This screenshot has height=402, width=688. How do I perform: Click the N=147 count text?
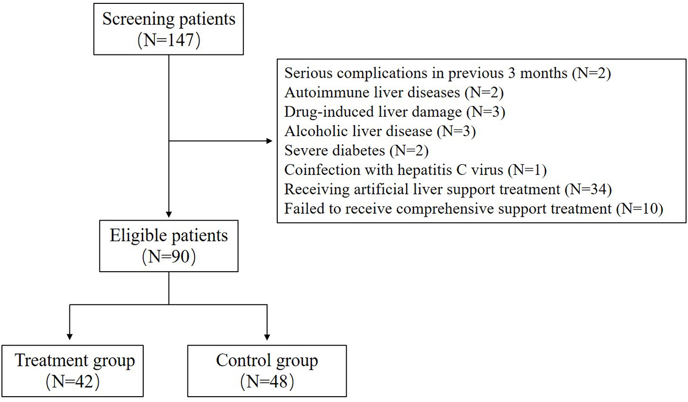click(168, 39)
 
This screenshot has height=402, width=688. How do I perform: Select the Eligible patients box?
click(168, 245)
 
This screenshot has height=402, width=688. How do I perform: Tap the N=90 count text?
click(168, 257)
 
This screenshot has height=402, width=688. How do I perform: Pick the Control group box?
click(267, 370)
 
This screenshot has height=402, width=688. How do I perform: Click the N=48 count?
click(267, 382)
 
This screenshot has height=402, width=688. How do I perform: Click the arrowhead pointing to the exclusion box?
click(269, 141)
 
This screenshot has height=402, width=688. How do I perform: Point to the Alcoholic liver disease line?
click(389, 131)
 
